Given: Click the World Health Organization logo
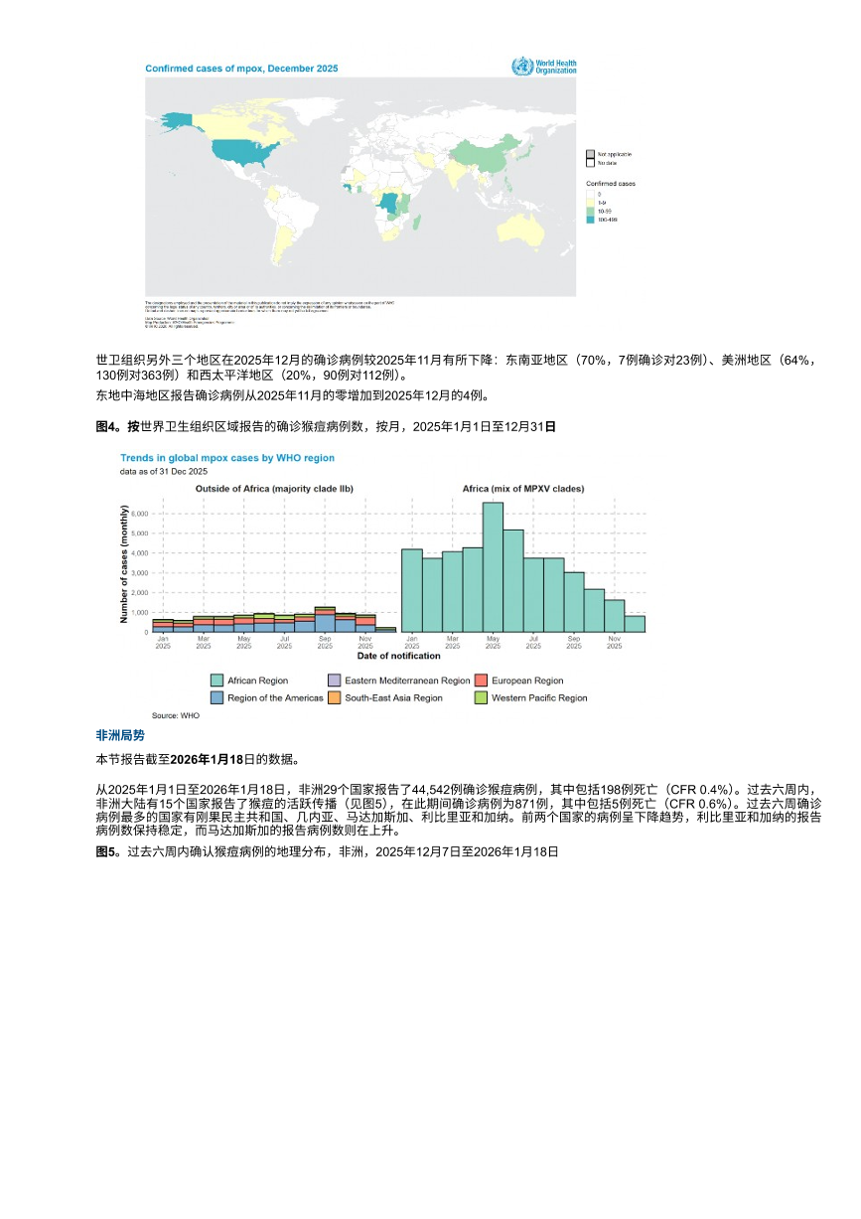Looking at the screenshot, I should [x=542, y=67].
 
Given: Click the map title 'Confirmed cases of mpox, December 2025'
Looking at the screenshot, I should [x=241, y=69].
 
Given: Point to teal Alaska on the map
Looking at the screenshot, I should [x=176, y=119].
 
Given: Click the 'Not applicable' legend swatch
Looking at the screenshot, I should [x=589, y=154].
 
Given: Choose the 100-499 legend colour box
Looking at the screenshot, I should [x=589, y=219].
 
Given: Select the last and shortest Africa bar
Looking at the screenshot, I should [x=635, y=623].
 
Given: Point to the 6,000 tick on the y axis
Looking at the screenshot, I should [x=139, y=533].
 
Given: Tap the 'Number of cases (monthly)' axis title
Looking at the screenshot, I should [x=124, y=562].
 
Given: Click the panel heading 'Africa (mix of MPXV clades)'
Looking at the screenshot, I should [x=523, y=489].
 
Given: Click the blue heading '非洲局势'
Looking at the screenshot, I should [x=120, y=736].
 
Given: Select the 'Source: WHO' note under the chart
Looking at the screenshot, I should [x=175, y=715].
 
